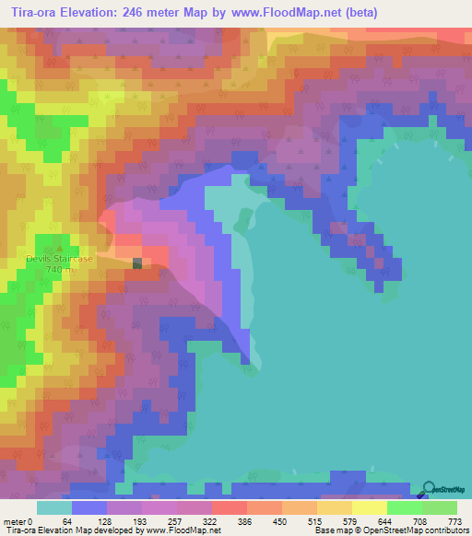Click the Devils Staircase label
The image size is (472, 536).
click(59, 259)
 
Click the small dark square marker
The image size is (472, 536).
click(137, 263)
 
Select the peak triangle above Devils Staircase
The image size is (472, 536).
click(59, 247)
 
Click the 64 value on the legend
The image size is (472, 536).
click(66, 522)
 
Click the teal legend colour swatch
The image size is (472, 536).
click(54, 507)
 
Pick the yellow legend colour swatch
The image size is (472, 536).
click(369, 507)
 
